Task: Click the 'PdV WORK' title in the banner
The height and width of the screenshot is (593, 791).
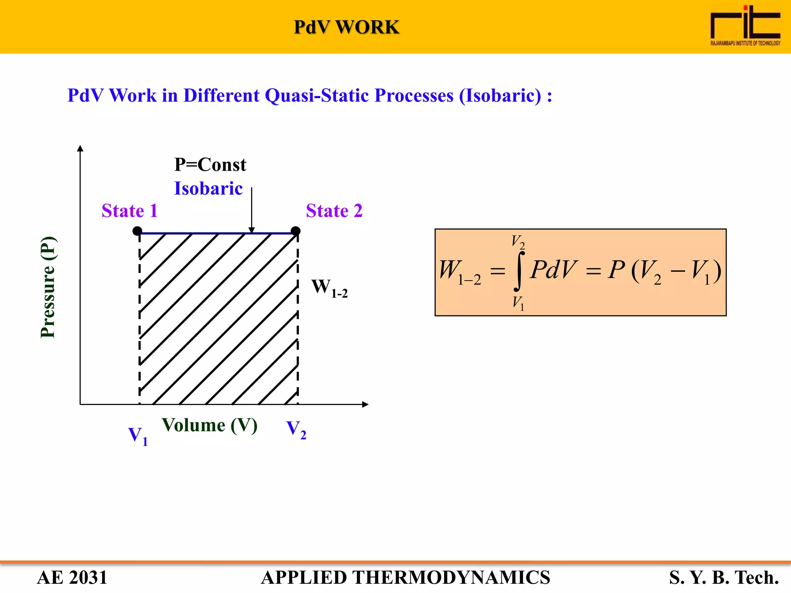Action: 346,27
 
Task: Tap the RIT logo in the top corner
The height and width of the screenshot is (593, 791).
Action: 745,25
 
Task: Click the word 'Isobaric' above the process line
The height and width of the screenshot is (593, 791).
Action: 208,189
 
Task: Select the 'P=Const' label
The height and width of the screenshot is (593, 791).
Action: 210,165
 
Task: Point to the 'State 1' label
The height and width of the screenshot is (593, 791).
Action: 130,211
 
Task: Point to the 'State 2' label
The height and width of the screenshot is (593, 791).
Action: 334,211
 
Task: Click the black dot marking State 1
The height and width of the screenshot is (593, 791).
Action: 137,231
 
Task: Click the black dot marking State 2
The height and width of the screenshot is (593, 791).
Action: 295,231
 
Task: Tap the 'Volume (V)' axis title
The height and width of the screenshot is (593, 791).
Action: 210,425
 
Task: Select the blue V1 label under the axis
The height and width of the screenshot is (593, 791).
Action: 137,436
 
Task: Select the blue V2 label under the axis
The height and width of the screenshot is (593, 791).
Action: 296,430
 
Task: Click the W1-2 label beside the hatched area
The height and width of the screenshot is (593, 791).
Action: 329,288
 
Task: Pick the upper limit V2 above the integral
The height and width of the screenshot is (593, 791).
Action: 518,242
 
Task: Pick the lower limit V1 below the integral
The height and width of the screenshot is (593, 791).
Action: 518,303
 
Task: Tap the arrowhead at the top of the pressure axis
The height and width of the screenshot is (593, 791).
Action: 80,148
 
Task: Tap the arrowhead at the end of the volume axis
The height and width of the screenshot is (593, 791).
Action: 365,404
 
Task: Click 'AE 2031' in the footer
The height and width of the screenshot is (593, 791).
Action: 72,578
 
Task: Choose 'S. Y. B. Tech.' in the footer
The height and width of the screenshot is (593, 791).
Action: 724,578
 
